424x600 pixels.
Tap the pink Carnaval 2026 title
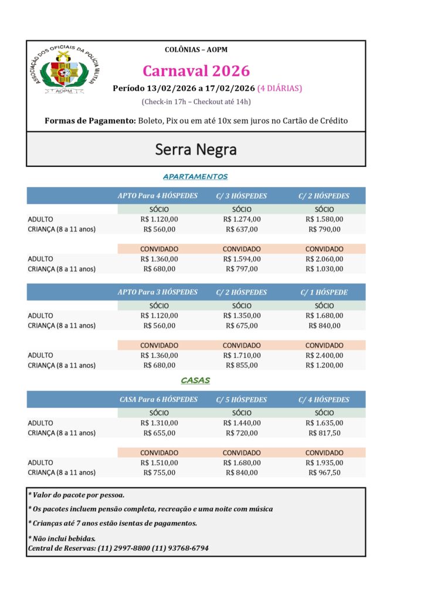196,71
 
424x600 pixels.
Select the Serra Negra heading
196,149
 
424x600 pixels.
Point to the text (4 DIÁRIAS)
279,88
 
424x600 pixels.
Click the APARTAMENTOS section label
195,176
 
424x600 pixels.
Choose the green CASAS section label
195,380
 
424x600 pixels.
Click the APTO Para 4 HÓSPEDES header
158,196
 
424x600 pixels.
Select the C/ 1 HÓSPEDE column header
324,292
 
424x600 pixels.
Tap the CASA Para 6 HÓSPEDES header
158,400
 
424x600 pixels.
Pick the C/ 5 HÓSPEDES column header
241,400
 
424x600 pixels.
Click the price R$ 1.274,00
242,219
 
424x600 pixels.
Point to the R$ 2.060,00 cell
324,259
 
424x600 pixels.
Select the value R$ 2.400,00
324,355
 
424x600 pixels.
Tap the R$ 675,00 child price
242,325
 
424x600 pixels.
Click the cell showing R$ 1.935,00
324,462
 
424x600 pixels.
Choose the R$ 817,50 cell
324,433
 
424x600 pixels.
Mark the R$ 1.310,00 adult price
159,423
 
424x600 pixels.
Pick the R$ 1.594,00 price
242,259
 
